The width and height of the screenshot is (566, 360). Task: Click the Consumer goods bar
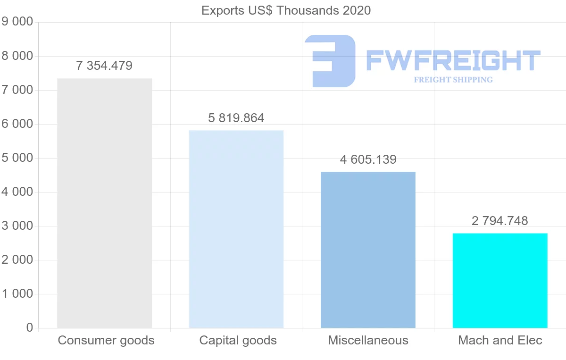pos(104,203)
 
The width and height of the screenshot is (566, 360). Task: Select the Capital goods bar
pos(236,229)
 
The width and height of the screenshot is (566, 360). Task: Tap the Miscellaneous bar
pos(368,250)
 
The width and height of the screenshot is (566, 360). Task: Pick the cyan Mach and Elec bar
pos(500,280)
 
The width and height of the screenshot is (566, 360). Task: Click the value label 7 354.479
pos(104,66)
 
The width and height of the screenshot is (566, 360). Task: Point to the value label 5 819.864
pos(236,118)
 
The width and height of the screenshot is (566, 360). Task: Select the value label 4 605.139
pos(368,159)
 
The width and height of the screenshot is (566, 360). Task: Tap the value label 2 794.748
pos(500,220)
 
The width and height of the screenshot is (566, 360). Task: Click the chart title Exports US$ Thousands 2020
pos(286,10)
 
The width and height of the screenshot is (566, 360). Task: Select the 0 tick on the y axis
pos(30,328)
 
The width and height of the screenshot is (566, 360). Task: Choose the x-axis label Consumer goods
pos(106,340)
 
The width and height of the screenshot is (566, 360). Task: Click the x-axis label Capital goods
pos(238,340)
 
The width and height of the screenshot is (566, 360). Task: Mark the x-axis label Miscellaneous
pos(368,340)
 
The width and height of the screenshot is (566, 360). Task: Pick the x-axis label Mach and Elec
pos(500,340)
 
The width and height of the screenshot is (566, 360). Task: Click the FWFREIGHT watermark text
pos(453,61)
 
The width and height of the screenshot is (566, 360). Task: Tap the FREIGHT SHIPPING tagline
pos(453,80)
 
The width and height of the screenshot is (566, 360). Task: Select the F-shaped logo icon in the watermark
pos(330,61)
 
